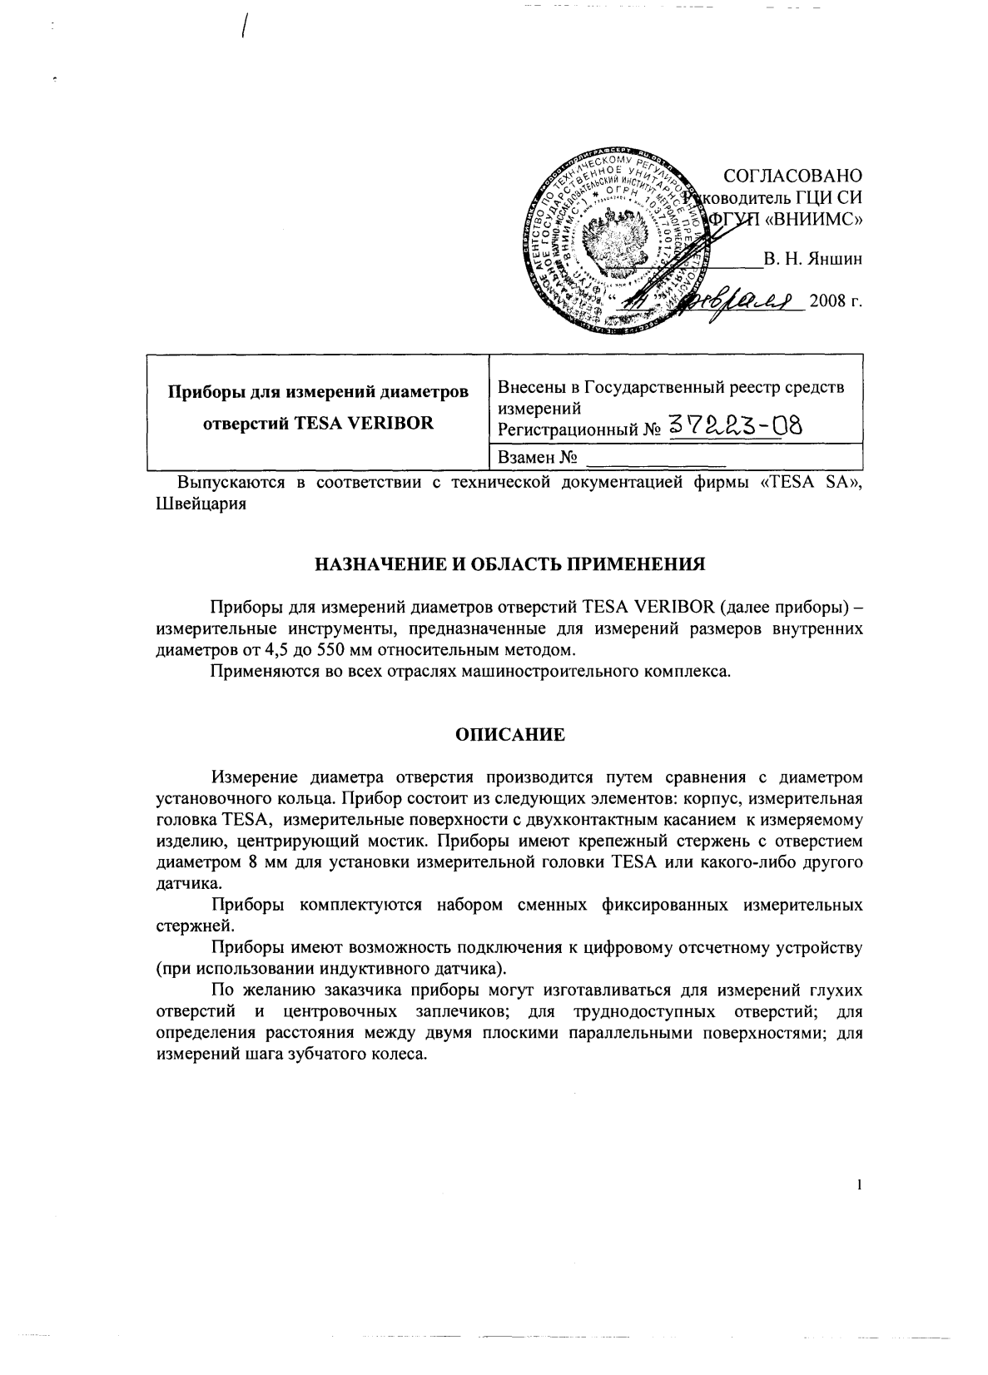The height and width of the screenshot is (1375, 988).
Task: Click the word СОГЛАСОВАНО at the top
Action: (x=792, y=176)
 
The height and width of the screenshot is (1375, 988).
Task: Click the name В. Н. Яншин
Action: (x=812, y=259)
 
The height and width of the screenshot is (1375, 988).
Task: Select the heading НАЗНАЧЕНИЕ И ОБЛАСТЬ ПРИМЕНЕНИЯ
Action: (x=509, y=564)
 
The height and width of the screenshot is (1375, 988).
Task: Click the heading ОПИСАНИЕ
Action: (x=509, y=735)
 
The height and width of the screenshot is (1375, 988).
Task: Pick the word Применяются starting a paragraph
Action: (x=261, y=670)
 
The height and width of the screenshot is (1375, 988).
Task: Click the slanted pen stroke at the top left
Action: (x=245, y=28)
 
